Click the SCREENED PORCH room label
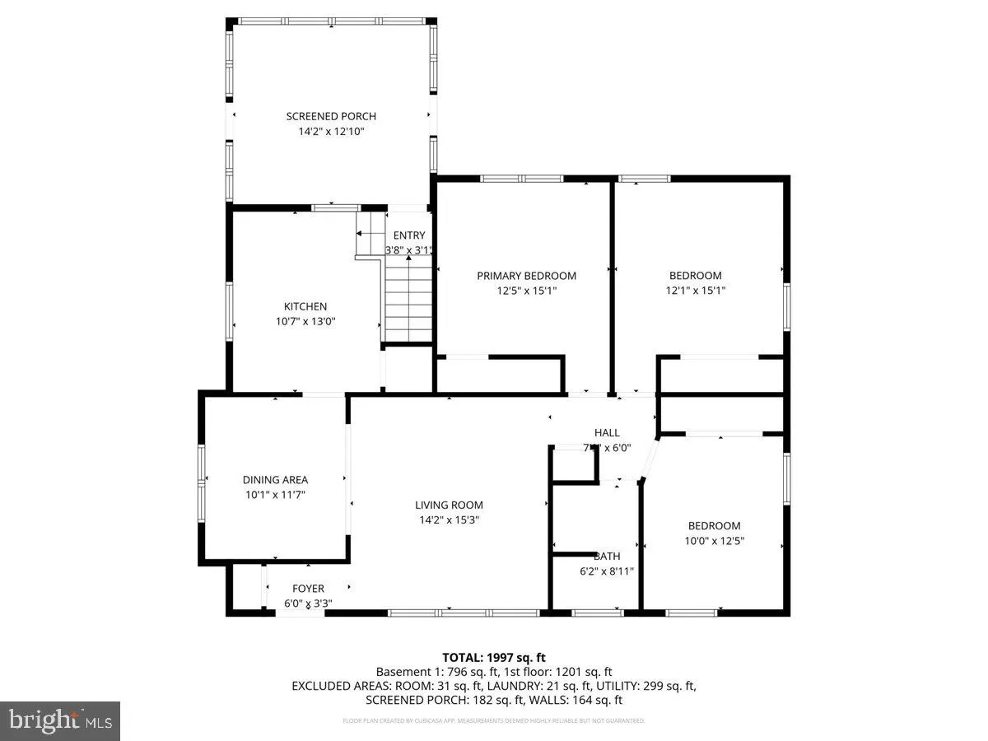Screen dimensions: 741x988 [331, 116]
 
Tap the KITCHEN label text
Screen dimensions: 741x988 [305, 306]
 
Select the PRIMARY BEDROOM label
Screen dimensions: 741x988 [526, 276]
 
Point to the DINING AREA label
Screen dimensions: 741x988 [275, 480]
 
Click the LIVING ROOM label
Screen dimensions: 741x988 [449, 505]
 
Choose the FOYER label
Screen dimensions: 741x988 [309, 589]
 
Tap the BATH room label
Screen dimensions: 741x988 [607, 557]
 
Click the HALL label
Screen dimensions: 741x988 [607, 433]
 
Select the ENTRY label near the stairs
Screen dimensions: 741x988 [409, 236]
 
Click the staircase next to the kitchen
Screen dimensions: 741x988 [408, 301]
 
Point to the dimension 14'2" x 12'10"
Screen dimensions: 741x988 [331, 132]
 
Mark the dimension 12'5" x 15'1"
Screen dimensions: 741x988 [526, 291]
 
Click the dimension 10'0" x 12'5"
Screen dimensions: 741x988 [714, 541]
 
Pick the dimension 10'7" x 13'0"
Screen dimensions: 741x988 [305, 322]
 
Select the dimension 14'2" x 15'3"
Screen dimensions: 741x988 [449, 520]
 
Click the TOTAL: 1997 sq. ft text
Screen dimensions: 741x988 [494, 657]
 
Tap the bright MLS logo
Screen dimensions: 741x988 [60, 721]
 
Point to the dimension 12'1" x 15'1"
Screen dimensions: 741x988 [695, 291]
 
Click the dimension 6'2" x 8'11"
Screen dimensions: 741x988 [607, 571]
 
